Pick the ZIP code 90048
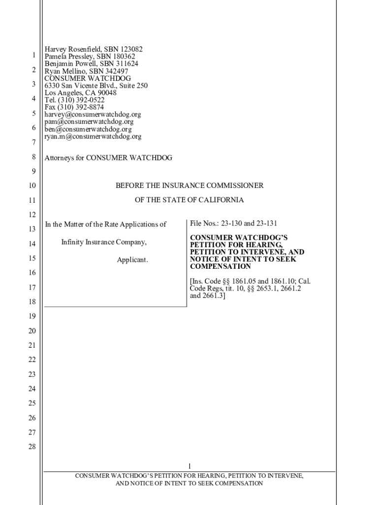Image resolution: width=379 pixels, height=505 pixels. coord(107,93)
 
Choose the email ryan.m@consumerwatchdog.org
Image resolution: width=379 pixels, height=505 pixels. coord(93,136)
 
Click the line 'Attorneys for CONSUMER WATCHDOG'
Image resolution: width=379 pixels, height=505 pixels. coord(108,158)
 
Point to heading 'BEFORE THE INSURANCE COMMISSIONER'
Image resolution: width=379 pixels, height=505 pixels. coord(189,186)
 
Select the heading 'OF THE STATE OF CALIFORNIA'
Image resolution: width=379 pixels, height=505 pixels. coord(189,200)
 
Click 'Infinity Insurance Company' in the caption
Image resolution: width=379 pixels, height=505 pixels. coord(104,242)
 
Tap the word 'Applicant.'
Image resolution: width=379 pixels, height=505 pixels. coord(132,260)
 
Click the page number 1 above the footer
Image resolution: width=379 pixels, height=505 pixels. coord(189,467)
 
